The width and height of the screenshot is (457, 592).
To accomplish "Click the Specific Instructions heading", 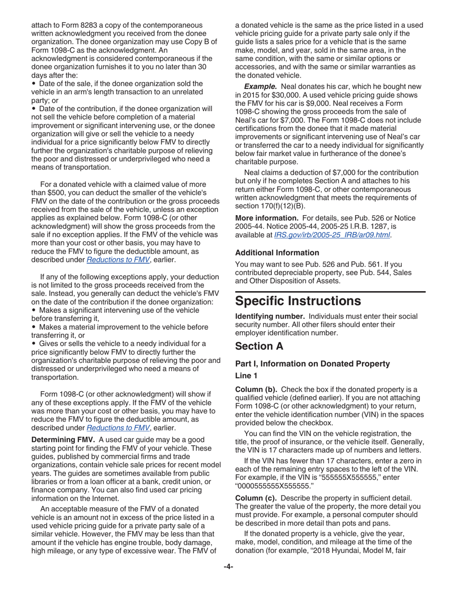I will [x=298, y=301].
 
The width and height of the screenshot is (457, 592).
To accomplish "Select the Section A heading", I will [x=259, y=346].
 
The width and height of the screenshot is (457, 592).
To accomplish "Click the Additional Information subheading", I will [x=277, y=253].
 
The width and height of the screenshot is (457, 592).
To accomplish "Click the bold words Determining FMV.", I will [x=63, y=440].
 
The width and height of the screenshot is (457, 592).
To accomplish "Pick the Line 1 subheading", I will [x=246, y=375].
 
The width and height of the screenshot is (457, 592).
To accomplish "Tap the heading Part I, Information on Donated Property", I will [x=312, y=364].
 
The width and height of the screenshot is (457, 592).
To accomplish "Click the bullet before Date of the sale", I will [x=34, y=84].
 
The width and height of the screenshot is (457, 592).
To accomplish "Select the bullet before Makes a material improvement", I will [x=34, y=327].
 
